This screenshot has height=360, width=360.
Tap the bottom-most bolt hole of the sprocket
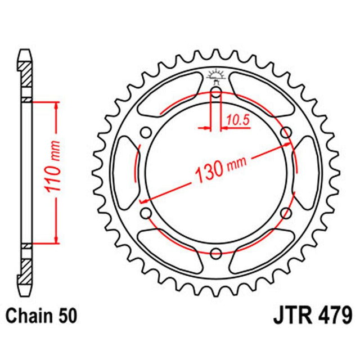216,254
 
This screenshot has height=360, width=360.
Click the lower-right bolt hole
286,213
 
